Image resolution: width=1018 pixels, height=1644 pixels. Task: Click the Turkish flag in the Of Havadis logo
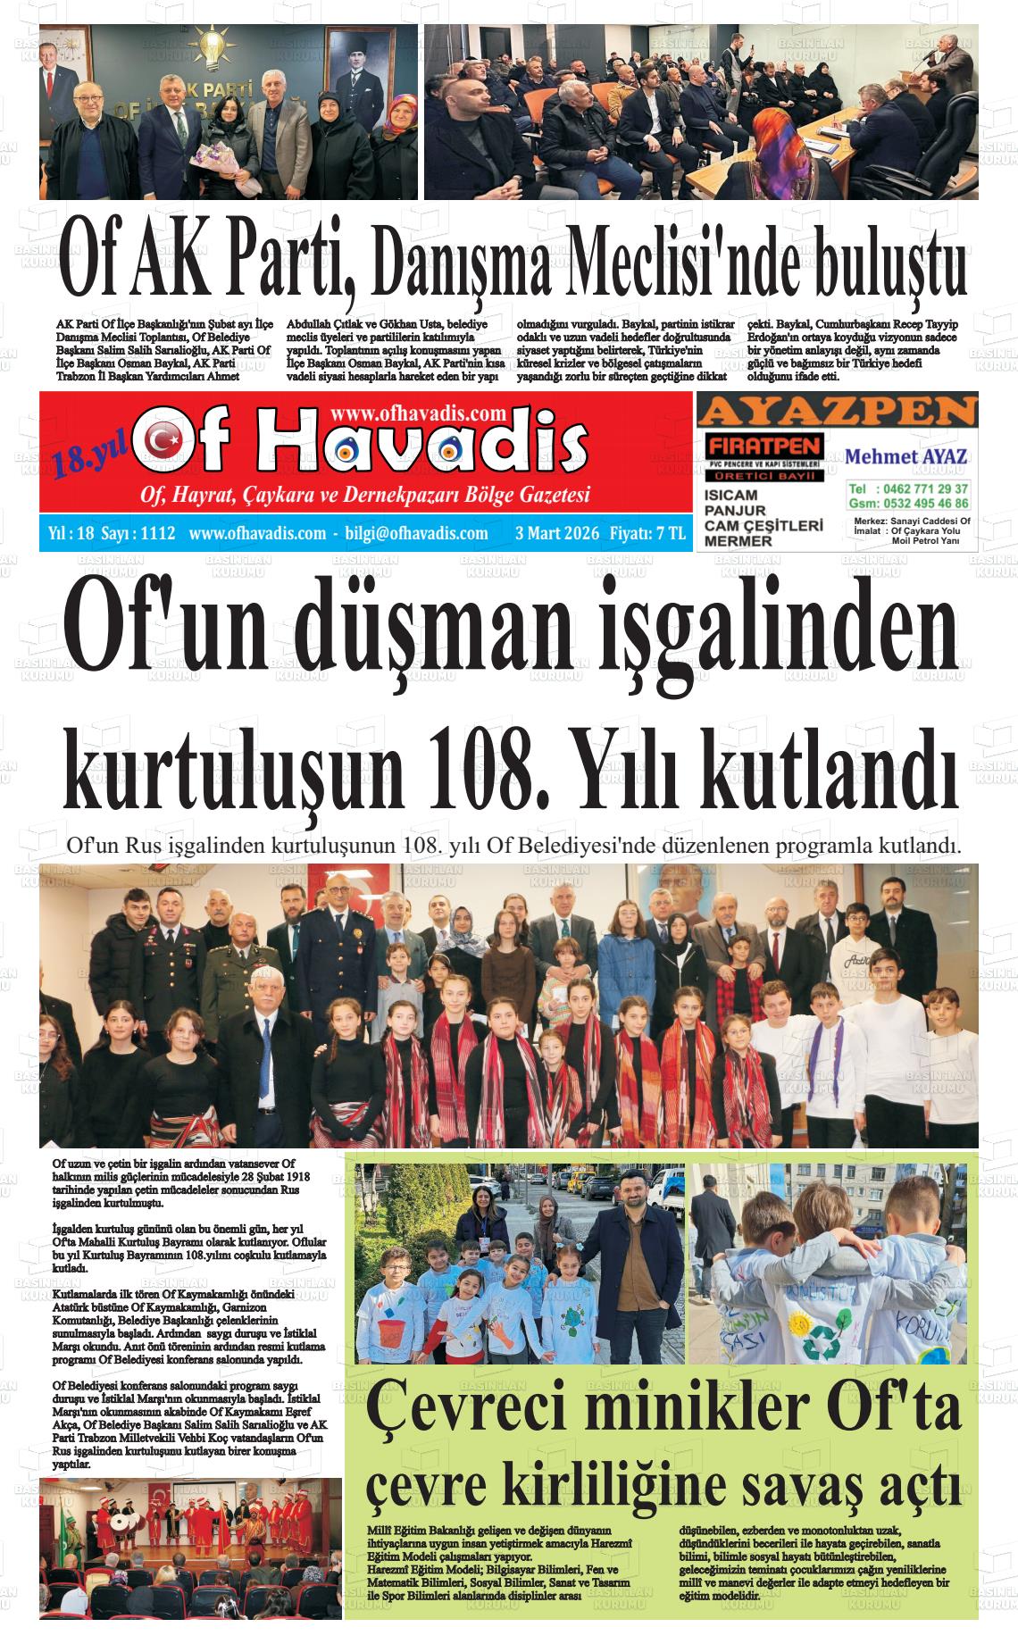coord(163,438)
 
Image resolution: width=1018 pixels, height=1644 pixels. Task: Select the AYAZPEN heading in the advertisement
coord(837,412)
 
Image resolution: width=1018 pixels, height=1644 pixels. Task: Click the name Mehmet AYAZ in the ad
coord(906,456)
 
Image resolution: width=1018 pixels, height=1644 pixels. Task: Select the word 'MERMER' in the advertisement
coord(738,541)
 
